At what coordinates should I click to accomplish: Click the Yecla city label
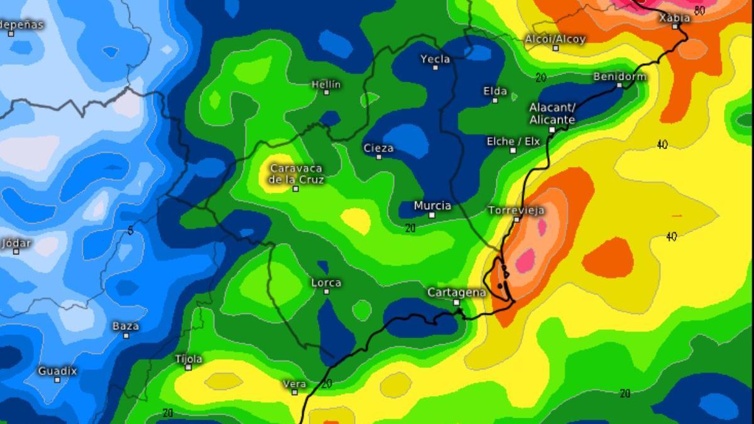[x=435, y=59]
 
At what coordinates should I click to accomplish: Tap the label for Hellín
[x=325, y=84]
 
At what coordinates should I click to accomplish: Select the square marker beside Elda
[x=495, y=100]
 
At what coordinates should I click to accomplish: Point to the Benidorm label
[x=620, y=77]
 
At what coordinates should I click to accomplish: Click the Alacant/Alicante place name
[x=552, y=114]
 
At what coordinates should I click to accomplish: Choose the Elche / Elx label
[x=513, y=142]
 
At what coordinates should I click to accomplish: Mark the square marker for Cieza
[x=379, y=157]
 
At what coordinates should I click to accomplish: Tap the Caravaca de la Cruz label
[x=295, y=174]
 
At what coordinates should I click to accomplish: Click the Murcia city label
[x=432, y=205]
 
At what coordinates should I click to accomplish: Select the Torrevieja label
[x=516, y=210]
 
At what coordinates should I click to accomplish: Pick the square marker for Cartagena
[x=457, y=302]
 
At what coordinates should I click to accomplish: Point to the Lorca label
[x=326, y=283]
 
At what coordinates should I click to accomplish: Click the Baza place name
[x=126, y=326]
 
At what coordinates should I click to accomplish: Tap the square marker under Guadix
[x=57, y=379]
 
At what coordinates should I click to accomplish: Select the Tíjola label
[x=188, y=359]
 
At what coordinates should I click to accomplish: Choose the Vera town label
[x=295, y=384]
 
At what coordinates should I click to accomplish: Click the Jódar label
[x=16, y=243]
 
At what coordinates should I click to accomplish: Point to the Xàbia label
[x=675, y=18]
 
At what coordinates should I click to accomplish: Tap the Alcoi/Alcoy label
[x=555, y=39]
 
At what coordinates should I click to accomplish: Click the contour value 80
[x=699, y=9]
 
